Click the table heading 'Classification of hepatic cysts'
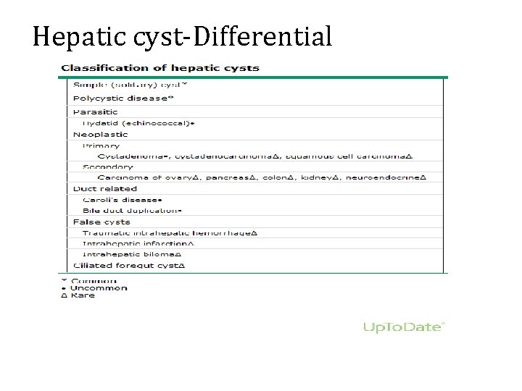(x=160, y=68)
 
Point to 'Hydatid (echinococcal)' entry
(x=138, y=123)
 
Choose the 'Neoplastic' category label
(x=101, y=134)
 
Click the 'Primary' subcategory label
(x=101, y=145)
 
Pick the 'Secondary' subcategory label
(x=108, y=167)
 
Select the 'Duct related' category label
(x=105, y=188)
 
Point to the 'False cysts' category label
(x=101, y=222)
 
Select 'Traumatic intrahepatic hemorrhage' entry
(x=170, y=232)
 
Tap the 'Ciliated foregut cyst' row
(x=129, y=266)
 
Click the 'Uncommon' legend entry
(x=99, y=287)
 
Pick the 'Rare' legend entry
(x=83, y=295)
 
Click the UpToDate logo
(x=402, y=328)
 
